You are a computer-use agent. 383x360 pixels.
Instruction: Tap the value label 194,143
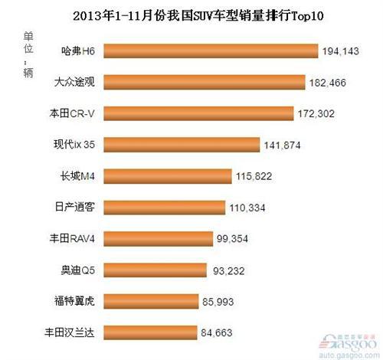coord(342,51)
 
